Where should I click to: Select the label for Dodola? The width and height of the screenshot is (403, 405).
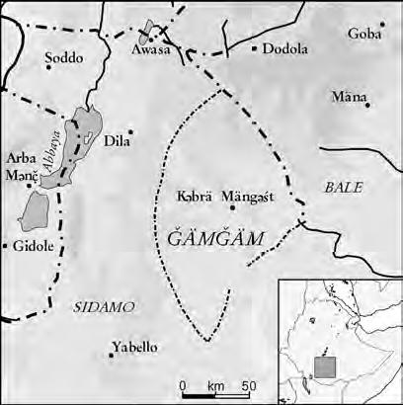286,48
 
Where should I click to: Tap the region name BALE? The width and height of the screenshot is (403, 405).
344,187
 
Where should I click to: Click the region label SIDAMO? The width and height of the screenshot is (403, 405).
104,308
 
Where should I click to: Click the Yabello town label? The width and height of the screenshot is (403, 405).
135,347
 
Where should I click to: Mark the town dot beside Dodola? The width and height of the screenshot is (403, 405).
255,47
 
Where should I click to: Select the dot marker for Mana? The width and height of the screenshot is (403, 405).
367,104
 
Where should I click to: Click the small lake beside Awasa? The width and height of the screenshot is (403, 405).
148,28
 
